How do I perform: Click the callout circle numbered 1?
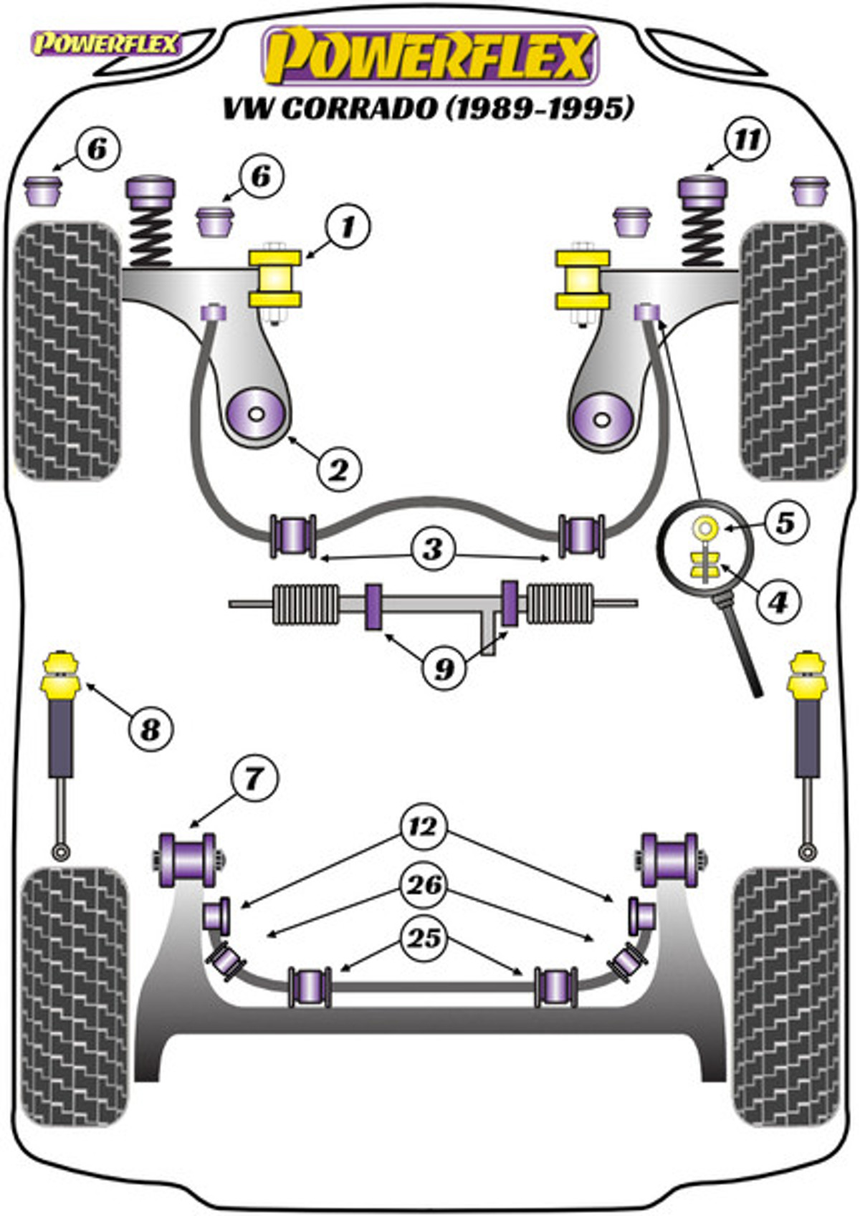(x=347, y=227)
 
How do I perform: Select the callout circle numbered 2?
(x=339, y=469)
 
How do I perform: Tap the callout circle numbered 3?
(x=433, y=550)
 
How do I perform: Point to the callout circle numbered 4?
(x=779, y=601)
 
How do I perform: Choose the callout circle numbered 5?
(x=785, y=523)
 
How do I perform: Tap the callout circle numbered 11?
(x=747, y=140)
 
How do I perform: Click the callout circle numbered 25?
(x=424, y=938)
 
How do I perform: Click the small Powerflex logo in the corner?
(x=106, y=44)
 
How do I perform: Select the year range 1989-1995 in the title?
(x=540, y=108)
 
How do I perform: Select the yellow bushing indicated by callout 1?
(x=275, y=279)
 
